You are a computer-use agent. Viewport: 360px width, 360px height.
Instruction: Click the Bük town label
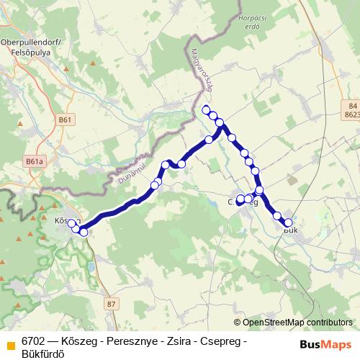(x=291, y=230)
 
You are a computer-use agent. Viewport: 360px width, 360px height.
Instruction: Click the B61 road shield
(x=66, y=120)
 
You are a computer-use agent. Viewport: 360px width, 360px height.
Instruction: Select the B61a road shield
(x=34, y=163)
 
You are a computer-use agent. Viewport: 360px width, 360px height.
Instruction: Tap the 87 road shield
(x=110, y=305)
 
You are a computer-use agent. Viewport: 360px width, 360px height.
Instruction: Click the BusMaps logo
(x=325, y=344)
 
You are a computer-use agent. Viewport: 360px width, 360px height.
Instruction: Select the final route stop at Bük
(x=288, y=223)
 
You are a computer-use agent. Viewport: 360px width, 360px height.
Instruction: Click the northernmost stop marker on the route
(x=207, y=109)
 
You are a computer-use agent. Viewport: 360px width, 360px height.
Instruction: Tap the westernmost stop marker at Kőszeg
(x=71, y=224)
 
